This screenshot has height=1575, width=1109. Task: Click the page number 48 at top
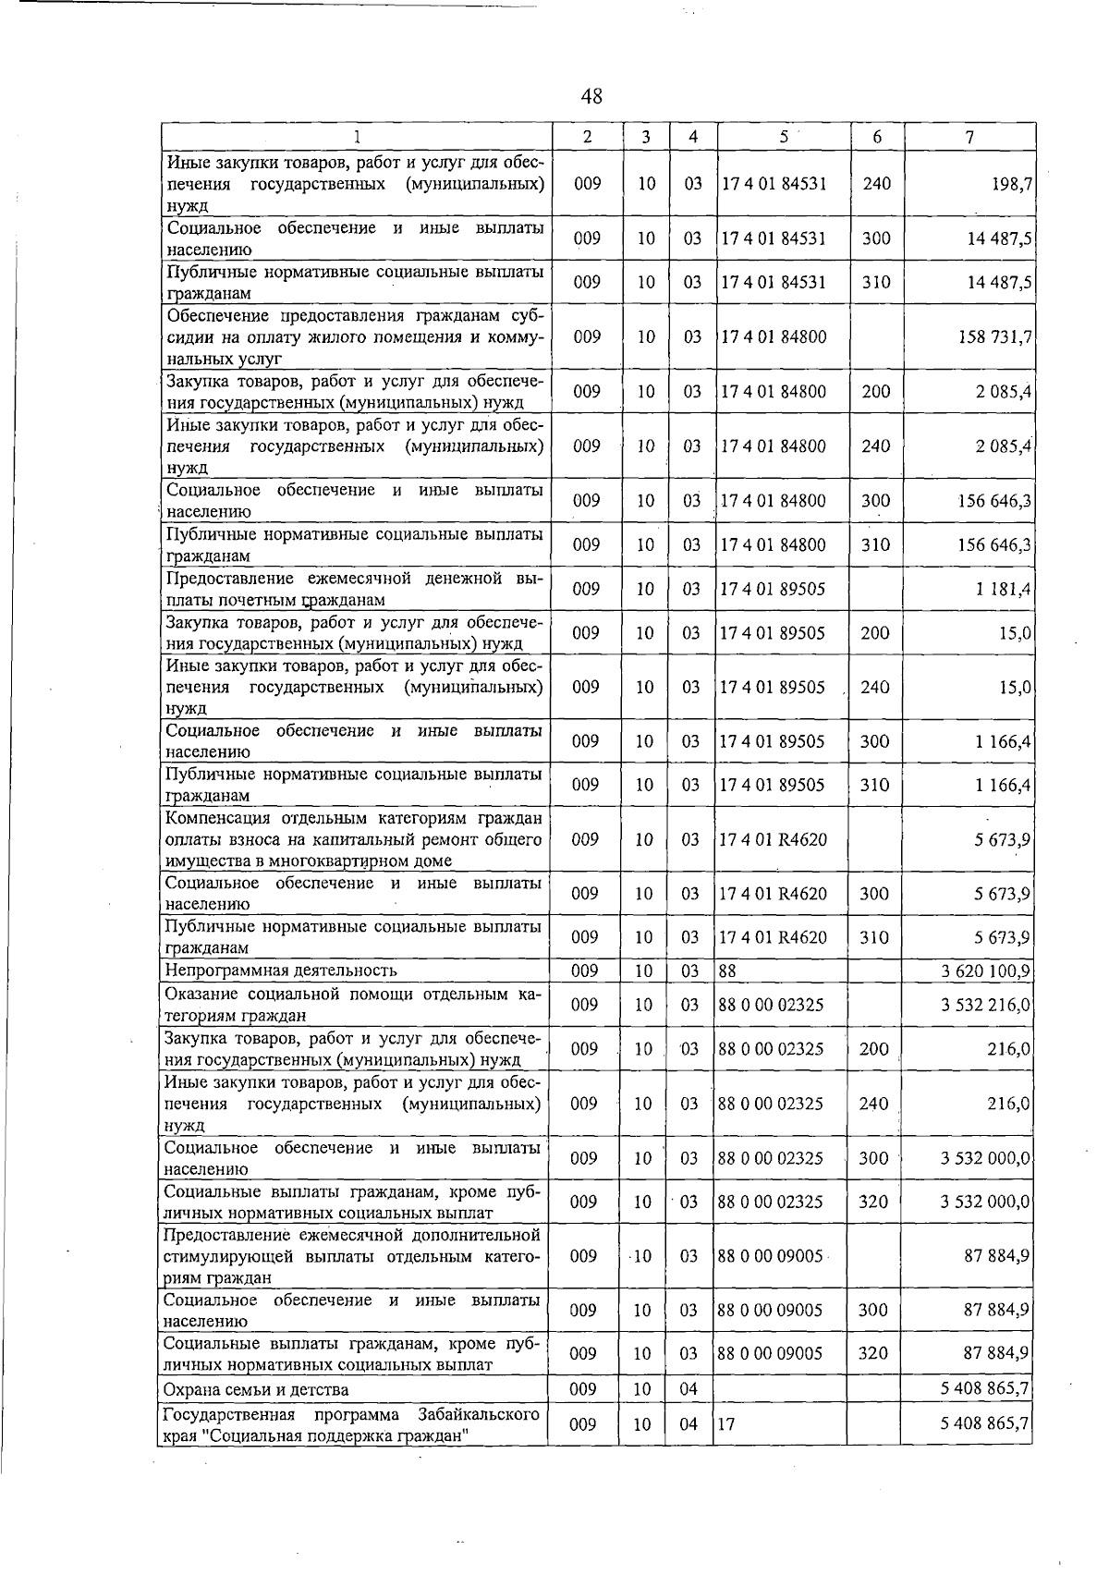591,96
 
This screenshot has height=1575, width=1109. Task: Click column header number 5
783,136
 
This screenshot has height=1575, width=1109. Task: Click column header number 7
969,137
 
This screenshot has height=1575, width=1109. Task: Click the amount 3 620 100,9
986,971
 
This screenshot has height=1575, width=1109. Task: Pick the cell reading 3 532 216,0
986,1005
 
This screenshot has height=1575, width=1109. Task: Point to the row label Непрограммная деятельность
280,971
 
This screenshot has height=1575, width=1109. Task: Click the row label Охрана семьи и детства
256,1389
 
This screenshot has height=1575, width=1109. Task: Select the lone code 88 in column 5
727,971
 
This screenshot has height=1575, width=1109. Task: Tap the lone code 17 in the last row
726,1424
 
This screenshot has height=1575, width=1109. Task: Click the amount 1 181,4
1003,589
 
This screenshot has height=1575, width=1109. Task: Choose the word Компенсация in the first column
213,818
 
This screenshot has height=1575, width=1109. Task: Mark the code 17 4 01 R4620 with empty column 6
774,839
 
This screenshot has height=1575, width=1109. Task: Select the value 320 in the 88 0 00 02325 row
873,1202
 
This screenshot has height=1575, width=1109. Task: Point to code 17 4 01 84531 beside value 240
774,184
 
